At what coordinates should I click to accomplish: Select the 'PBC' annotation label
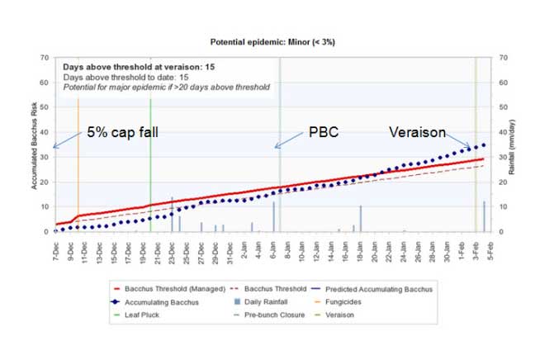click(x=324, y=132)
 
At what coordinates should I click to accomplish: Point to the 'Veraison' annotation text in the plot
click(x=418, y=132)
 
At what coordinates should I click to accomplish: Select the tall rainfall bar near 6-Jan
click(x=273, y=216)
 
